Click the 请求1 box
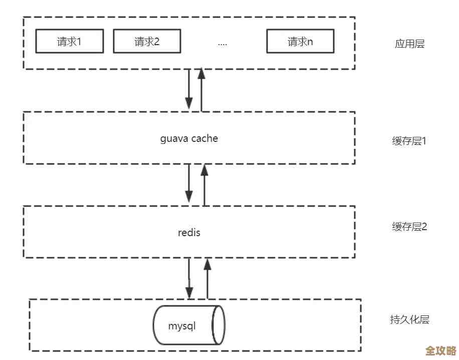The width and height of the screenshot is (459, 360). click(x=69, y=41)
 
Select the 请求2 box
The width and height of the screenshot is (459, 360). click(x=147, y=41)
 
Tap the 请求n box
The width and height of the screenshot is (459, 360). click(x=300, y=41)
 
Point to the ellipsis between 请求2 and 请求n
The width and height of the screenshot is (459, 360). click(x=222, y=43)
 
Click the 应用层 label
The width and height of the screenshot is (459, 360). click(x=409, y=44)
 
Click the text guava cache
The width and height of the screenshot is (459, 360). click(x=189, y=138)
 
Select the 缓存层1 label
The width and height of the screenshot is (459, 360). click(x=409, y=141)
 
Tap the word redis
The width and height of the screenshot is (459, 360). click(x=189, y=233)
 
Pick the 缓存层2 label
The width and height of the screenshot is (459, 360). click(x=409, y=227)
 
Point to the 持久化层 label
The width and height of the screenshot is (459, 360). click(x=409, y=319)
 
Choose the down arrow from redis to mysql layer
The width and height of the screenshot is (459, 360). click(x=189, y=278)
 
